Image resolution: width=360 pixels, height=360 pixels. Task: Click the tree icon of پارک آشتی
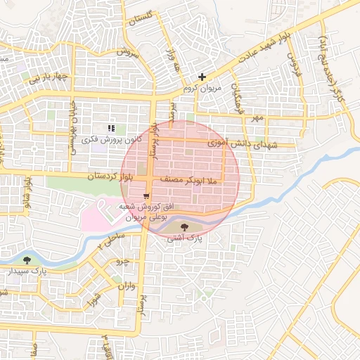pos(184,227)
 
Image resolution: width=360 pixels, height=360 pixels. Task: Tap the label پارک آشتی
pos(184,239)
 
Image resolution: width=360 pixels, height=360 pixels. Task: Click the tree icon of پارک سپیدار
pos(27,260)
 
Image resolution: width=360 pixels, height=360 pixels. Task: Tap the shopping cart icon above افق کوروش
pos(146,196)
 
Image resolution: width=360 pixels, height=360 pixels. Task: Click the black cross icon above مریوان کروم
pos(202,77)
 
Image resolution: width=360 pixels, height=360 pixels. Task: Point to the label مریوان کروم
pos(202,89)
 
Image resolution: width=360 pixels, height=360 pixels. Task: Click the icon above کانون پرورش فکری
pos(111,128)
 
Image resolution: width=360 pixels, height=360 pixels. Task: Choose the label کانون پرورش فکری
pos(111,140)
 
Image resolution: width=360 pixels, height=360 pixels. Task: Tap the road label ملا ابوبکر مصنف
pos(191,181)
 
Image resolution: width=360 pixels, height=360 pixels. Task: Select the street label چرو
pos(123,262)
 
